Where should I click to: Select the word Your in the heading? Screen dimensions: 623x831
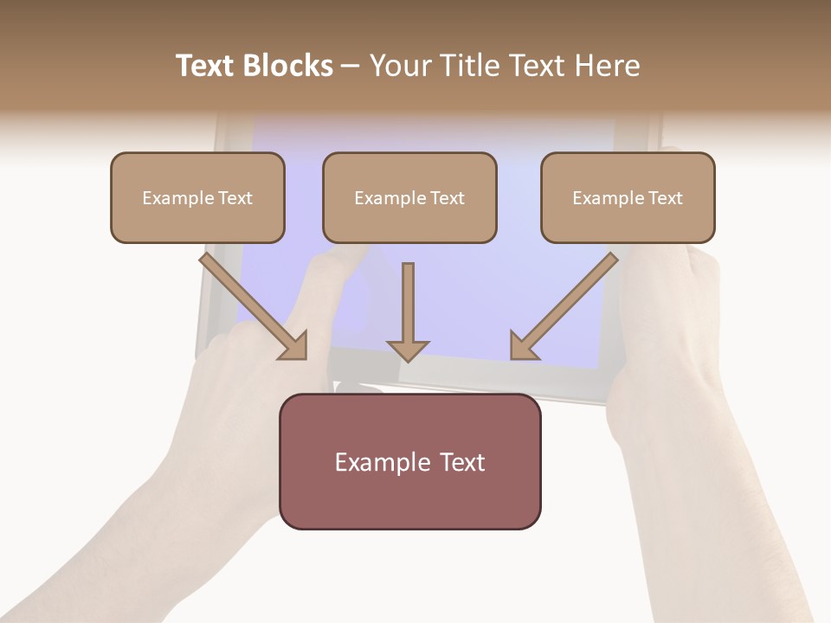(401, 66)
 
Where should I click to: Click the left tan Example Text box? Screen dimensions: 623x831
(197, 197)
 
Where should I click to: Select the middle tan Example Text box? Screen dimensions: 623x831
(409, 197)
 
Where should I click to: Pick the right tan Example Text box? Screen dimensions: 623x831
(628, 197)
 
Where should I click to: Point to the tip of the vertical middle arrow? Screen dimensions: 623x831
(408, 358)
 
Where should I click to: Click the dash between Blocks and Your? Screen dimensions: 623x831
(351, 66)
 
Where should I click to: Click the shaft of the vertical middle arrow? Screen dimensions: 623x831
(408, 299)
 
